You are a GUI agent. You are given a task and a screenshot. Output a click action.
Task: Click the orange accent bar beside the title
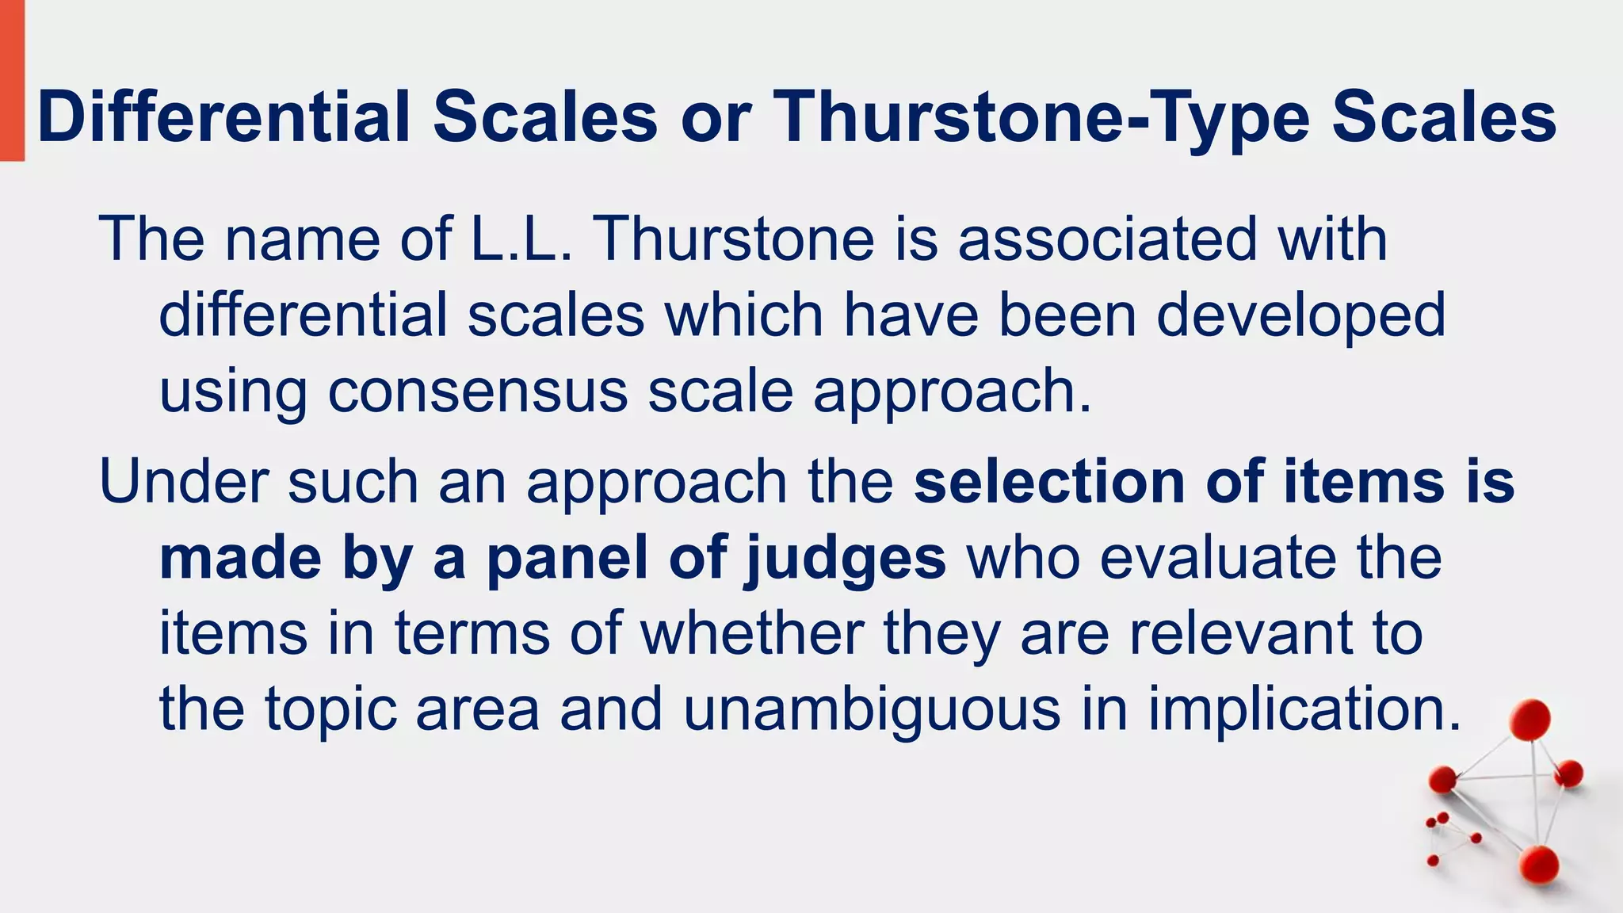click(x=11, y=79)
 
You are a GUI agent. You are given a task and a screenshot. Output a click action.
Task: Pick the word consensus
click(x=477, y=391)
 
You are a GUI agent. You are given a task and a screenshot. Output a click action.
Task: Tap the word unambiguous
click(x=871, y=709)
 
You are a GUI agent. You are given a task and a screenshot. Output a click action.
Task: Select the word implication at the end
click(x=1303, y=709)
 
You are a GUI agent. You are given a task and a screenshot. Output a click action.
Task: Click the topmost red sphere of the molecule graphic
click(x=1529, y=719)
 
